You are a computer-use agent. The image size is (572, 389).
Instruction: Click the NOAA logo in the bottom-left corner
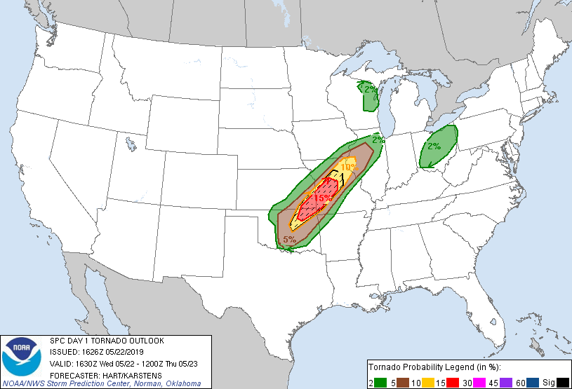click(22, 357)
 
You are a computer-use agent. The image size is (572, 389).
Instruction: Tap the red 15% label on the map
click(322, 198)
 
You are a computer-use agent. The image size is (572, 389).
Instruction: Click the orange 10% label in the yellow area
click(348, 167)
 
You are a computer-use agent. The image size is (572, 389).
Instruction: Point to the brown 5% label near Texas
click(288, 240)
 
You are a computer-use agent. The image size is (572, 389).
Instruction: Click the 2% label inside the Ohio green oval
click(434, 146)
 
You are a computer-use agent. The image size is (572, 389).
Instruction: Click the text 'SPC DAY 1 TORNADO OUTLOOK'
click(107, 341)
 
